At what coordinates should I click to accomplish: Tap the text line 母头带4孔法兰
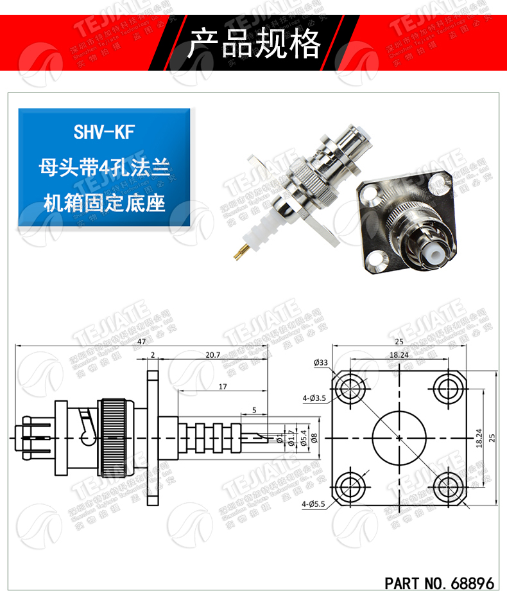tap(104, 168)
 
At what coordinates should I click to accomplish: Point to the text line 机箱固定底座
tap(104, 204)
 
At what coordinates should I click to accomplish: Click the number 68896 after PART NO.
tap(472, 584)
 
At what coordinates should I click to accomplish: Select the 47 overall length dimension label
tap(140, 342)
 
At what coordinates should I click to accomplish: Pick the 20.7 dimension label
tap(213, 355)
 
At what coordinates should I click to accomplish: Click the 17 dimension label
tap(222, 387)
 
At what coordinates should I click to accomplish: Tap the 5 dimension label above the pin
tap(255, 409)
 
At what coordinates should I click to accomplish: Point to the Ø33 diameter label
tap(321, 363)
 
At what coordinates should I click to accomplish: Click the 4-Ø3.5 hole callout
tap(316, 399)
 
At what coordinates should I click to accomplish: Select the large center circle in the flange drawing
tap(399, 437)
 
